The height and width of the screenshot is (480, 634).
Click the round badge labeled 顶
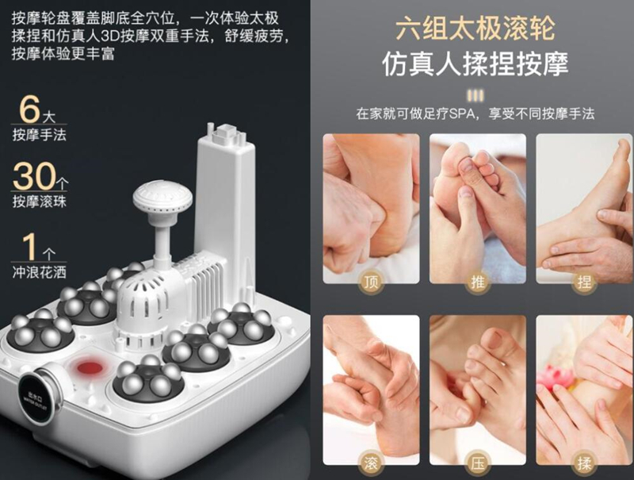(370, 282)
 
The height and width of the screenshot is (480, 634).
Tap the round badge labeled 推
(477, 282)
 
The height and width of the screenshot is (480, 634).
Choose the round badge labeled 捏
(584, 282)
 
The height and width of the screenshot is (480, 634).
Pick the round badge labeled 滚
(370, 463)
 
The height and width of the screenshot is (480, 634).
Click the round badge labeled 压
(477, 463)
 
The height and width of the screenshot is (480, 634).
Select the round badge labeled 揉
(584, 463)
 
